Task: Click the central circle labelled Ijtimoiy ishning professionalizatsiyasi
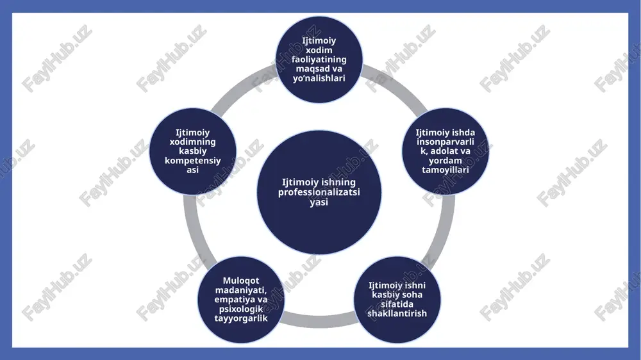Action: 319,192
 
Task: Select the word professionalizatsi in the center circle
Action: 319,192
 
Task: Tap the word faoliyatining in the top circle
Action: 319,59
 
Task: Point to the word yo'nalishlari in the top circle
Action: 319,78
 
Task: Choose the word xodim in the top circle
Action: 319,50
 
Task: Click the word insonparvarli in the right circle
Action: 445,142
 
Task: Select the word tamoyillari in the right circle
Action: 445,170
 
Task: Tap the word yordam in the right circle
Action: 445,161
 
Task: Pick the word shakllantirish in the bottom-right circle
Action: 397,313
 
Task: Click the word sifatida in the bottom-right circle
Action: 397,304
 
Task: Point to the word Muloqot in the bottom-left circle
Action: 241,281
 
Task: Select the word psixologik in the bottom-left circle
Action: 241,309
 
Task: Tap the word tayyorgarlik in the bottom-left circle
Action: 241,318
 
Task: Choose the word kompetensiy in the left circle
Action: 192,161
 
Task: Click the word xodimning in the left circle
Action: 192,142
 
